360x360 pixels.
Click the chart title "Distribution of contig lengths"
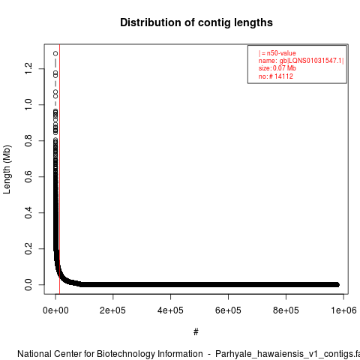pos(196,22)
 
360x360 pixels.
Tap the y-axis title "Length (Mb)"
pos(7,169)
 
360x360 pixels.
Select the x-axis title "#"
pos(196,332)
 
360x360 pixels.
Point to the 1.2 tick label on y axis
pos(28,68)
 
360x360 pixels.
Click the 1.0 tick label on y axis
pos(28,104)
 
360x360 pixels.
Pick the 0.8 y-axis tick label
pos(28,140)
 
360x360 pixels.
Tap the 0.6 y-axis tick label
pos(28,176)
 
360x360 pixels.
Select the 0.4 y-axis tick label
pos(28,212)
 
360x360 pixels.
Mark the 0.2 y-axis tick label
pos(28,248)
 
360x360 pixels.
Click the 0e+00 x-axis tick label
pos(55,310)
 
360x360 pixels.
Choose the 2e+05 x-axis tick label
pos(113,310)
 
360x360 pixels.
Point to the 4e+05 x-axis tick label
pos(170,310)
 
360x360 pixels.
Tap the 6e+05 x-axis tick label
pos(228,310)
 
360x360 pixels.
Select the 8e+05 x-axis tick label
pos(286,310)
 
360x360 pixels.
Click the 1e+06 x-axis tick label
pos(343,310)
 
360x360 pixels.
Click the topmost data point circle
pos(55,53)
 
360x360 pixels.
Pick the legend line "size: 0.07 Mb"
pos(277,68)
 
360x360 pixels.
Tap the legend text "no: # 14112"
pos(276,76)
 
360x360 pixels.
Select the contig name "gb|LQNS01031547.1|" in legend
pos(311,61)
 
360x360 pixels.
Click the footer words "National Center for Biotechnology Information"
pos(110,354)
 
